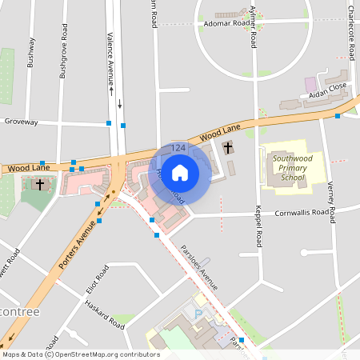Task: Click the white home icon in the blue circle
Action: (180, 172)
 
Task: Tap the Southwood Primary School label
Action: (288, 169)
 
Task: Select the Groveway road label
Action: (21, 122)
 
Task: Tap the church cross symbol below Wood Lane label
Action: (40, 185)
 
